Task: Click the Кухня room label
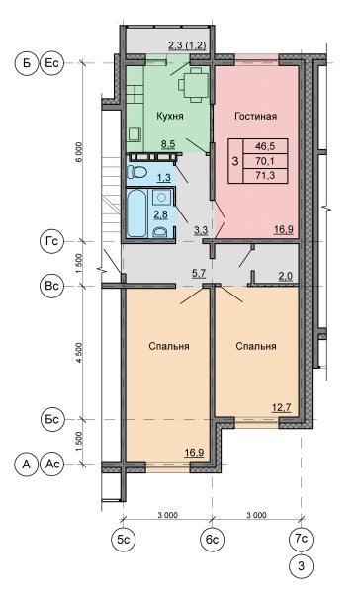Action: coord(170,116)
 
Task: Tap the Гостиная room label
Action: coord(255,116)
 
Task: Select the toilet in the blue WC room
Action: coord(137,172)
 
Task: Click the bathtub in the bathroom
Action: coord(136,212)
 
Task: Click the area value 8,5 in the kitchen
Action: coord(168,144)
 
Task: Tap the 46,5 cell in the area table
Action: coord(265,146)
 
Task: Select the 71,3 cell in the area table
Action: coord(265,175)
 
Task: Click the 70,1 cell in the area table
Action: coord(265,161)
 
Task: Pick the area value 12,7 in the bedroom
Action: coord(282,408)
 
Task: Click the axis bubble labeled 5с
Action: coord(124,539)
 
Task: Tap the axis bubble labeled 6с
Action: coord(213,539)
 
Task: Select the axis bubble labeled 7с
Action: coord(301,539)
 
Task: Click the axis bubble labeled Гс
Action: coord(51,241)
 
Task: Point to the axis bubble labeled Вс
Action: coord(51,286)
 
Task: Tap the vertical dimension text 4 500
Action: coord(78,353)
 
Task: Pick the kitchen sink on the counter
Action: coord(134,133)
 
